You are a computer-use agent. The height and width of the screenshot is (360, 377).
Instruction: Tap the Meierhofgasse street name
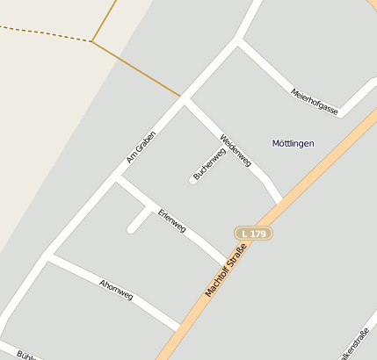(x=315, y=101)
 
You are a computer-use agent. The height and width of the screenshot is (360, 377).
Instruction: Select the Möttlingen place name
(x=293, y=143)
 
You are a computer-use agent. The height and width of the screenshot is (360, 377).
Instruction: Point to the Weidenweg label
(x=236, y=148)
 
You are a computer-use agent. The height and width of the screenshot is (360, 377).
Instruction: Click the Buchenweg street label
(x=210, y=164)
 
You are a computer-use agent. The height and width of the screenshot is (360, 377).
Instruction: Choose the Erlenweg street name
(x=172, y=220)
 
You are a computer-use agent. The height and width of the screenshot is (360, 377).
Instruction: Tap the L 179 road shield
(x=255, y=233)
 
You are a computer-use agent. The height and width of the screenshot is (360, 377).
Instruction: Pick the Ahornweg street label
(x=116, y=290)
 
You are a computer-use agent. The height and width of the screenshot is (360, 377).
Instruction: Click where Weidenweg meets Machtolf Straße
(x=279, y=201)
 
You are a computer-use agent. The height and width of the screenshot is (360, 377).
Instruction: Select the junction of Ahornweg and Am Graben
(x=47, y=257)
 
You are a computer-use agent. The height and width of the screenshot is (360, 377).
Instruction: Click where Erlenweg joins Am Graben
(x=118, y=180)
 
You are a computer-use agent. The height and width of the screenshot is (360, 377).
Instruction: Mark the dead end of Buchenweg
(x=193, y=181)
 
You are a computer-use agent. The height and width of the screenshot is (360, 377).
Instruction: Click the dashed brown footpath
(x=44, y=33)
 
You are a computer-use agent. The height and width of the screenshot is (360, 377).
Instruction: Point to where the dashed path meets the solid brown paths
(x=91, y=40)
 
